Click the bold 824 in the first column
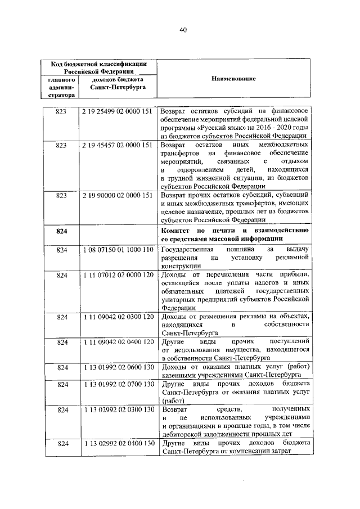61,231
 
